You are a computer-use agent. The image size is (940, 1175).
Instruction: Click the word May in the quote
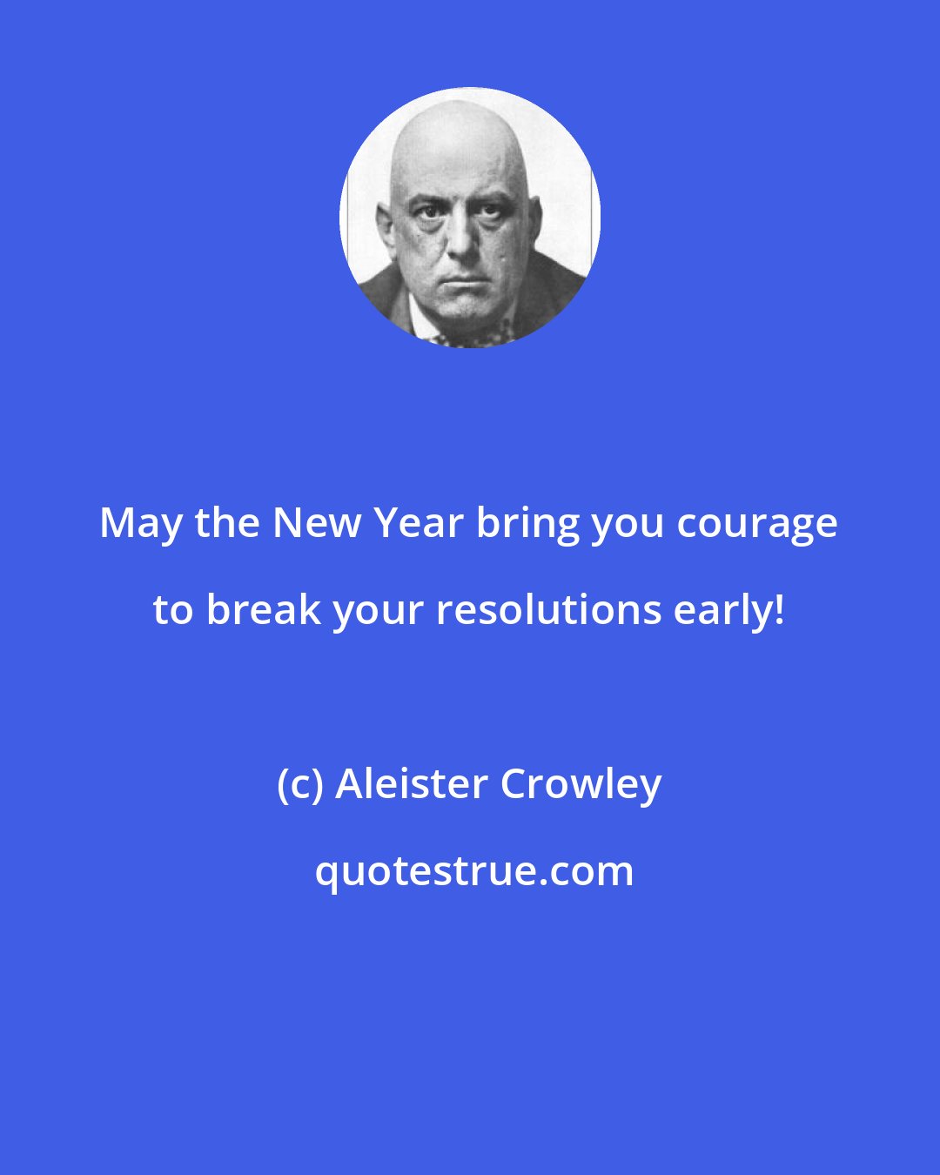[142, 524]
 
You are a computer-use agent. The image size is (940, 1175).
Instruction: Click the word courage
[757, 524]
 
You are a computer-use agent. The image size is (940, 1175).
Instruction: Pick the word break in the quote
[264, 609]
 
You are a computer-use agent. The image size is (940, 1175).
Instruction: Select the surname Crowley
[581, 783]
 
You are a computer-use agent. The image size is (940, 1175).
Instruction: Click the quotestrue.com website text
[474, 870]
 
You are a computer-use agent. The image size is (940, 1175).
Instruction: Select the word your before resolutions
[378, 611]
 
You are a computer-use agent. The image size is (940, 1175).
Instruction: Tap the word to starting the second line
[172, 609]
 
